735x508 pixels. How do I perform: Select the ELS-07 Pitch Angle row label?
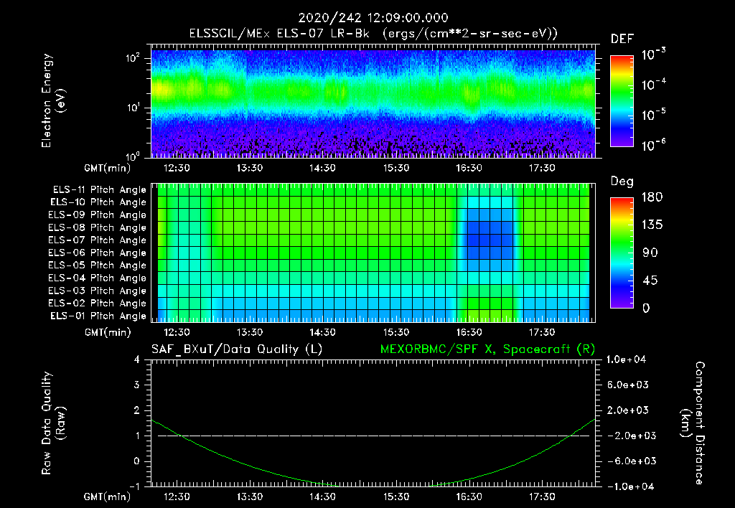(98, 240)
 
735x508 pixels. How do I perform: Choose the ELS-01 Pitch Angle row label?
(98, 316)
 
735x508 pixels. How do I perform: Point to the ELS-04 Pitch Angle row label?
(98, 278)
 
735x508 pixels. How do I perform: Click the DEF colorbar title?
(622, 39)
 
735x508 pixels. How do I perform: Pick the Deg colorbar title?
(622, 182)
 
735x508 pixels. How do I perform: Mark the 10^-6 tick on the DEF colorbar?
(655, 144)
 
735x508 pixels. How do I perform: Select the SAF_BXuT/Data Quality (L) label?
(236, 349)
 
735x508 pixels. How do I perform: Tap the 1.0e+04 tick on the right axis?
(629, 359)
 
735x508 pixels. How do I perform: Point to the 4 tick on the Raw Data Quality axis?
(136, 359)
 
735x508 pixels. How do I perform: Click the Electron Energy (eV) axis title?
(54, 100)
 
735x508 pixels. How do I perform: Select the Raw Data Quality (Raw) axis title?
(54, 423)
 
